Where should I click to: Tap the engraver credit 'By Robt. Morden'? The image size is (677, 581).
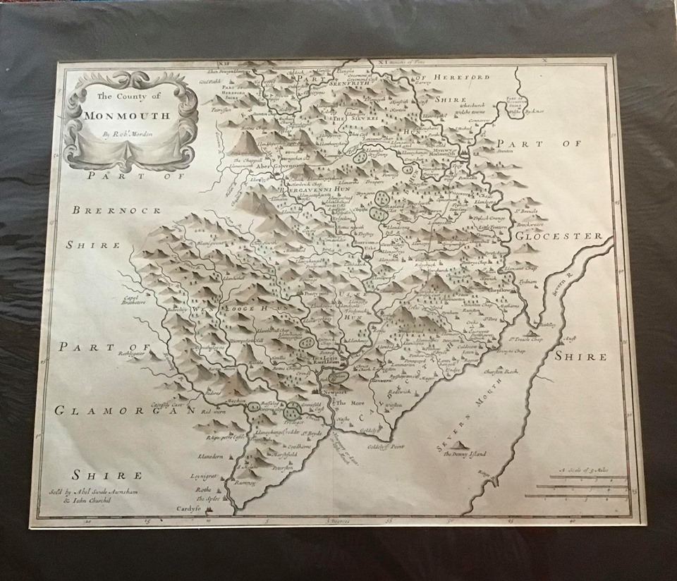pos(128,133)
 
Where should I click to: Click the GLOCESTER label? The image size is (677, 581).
pos(559,236)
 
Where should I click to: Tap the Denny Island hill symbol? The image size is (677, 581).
pos(459,446)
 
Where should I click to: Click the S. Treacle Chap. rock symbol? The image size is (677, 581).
pos(534,331)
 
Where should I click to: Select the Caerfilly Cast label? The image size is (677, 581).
pos(167,404)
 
